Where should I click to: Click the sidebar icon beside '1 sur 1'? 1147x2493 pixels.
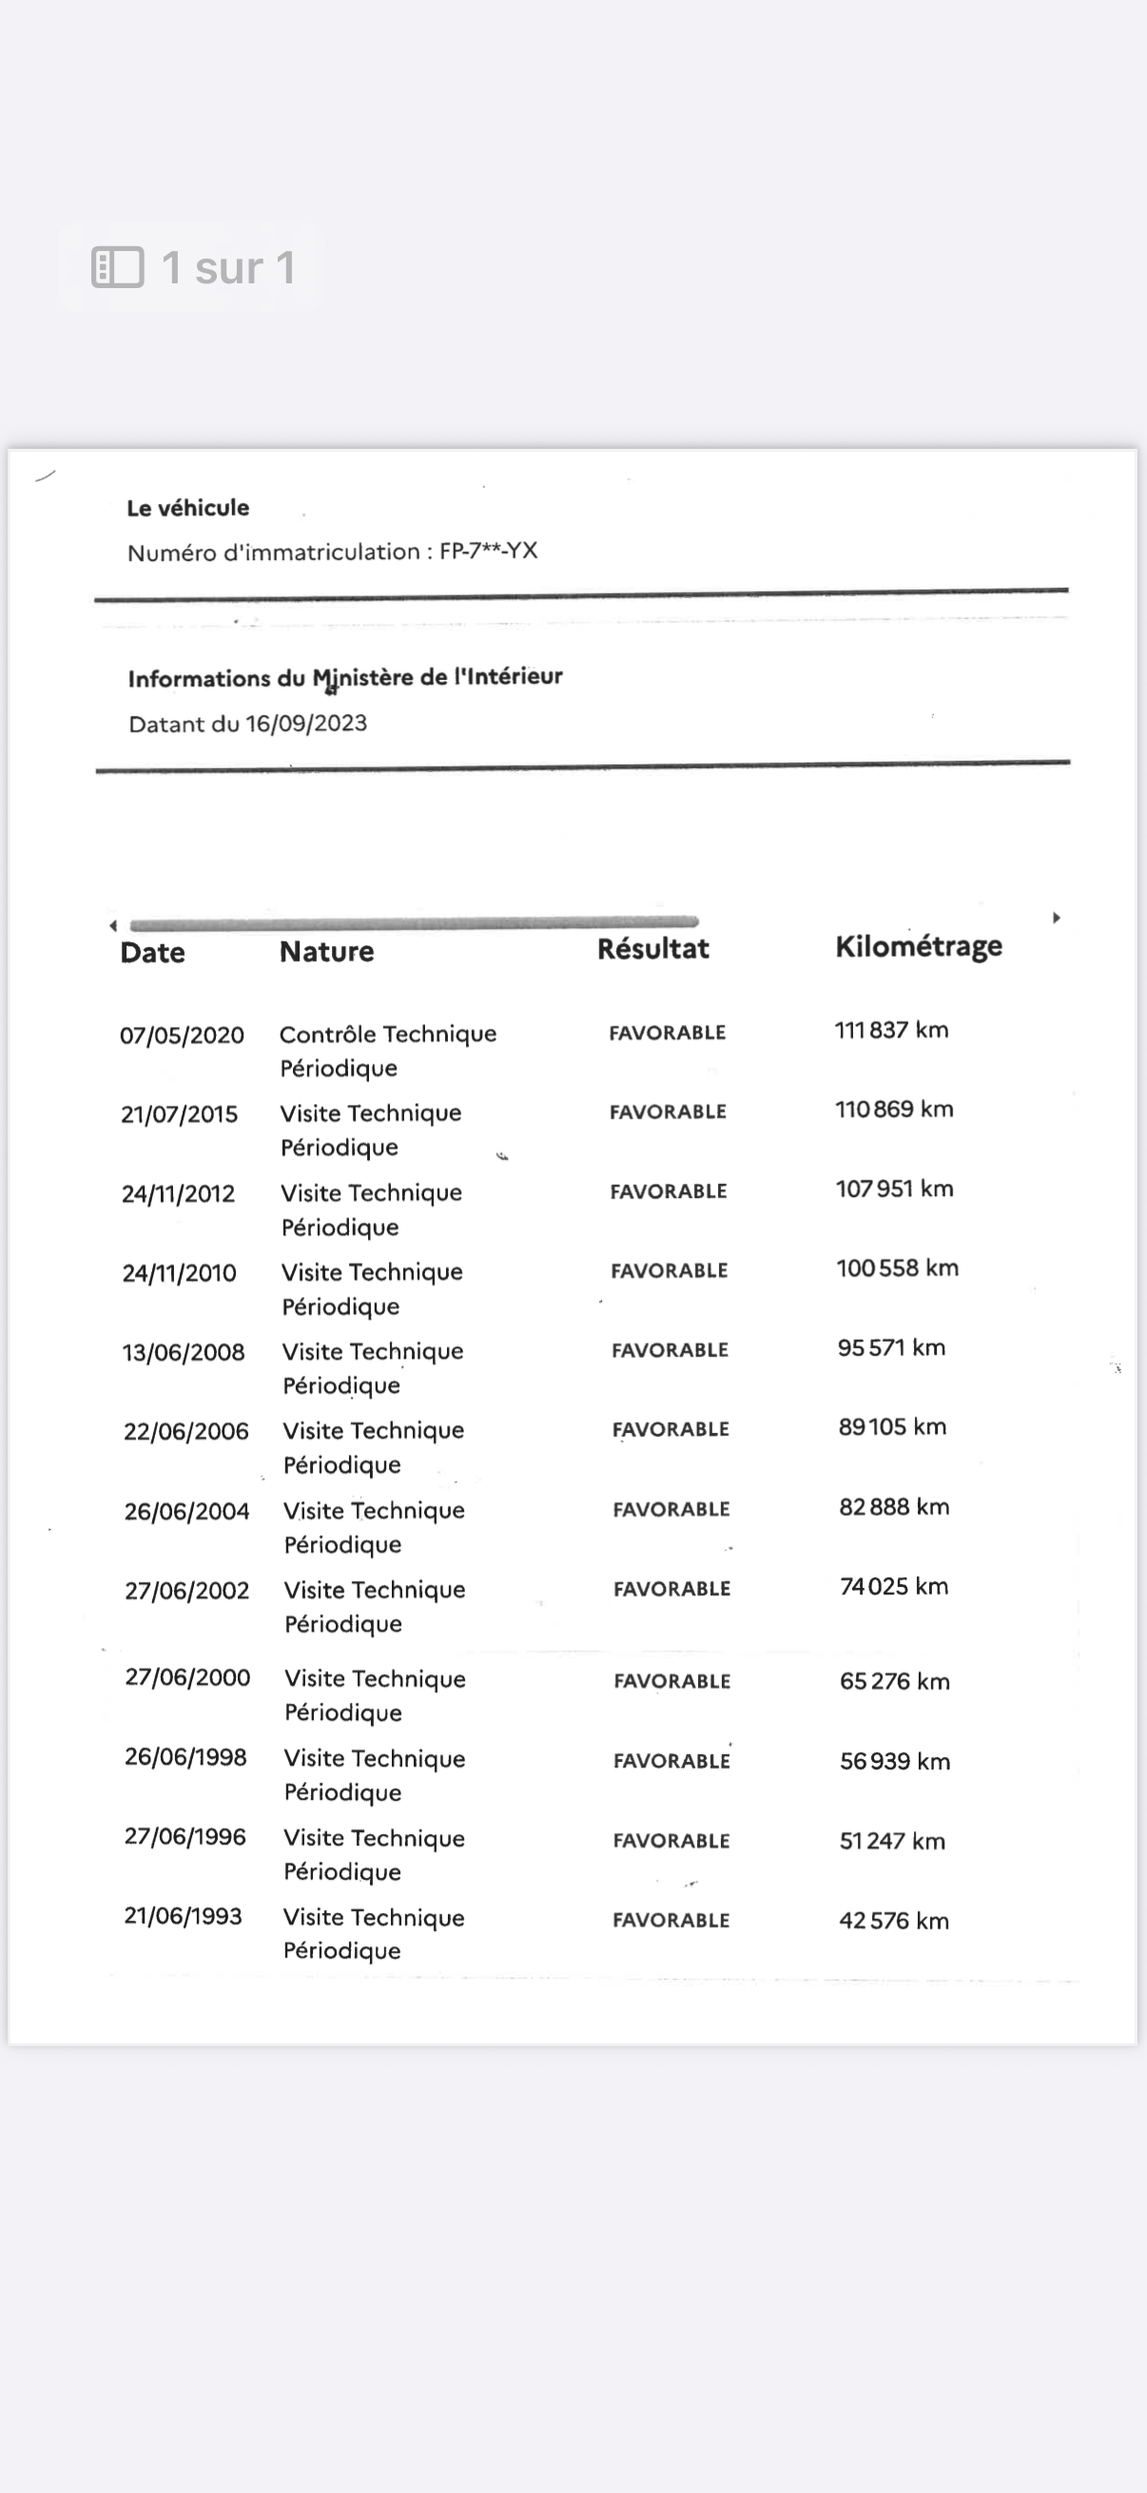click(x=117, y=267)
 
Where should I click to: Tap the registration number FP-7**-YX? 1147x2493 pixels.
click(x=488, y=551)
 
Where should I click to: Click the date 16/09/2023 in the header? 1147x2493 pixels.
click(x=306, y=723)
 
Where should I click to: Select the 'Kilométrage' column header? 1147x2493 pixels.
click(x=918, y=945)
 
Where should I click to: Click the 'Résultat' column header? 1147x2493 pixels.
click(x=652, y=949)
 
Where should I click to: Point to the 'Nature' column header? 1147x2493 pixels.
click(x=326, y=952)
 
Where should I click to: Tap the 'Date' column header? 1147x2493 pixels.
click(x=152, y=953)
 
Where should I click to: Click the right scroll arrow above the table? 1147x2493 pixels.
click(x=1056, y=918)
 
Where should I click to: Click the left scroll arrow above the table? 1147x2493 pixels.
click(x=113, y=925)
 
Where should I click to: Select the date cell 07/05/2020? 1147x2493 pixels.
click(x=181, y=1035)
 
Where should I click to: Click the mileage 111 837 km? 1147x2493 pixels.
click(x=890, y=1030)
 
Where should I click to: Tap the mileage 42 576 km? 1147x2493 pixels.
click(x=893, y=1920)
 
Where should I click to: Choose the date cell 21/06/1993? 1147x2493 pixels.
click(x=182, y=1915)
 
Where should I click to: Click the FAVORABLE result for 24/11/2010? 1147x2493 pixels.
click(x=669, y=1269)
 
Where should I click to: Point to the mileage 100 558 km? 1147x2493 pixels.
click(x=896, y=1267)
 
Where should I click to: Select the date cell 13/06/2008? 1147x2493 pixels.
click(x=183, y=1352)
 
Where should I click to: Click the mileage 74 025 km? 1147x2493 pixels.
click(x=893, y=1586)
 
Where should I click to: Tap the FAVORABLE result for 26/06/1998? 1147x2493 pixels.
click(x=671, y=1760)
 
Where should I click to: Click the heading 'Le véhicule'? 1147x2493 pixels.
click(x=187, y=507)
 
